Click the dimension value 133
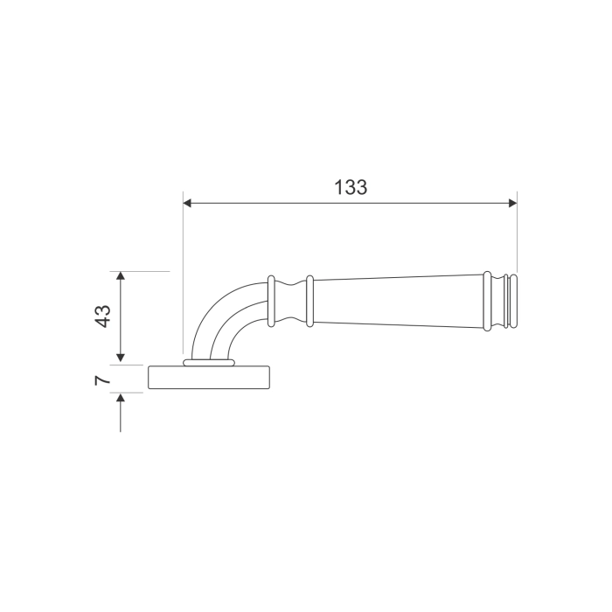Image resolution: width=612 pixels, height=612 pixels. coord(351,186)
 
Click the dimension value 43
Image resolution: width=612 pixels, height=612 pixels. coord(102,316)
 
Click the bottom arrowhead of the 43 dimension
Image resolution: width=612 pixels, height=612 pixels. coord(121,358)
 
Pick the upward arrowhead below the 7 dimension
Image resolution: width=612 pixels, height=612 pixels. coord(121,399)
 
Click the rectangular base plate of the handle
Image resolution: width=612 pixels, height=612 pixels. coord(210,377)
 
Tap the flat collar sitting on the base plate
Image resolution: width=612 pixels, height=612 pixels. coord(210,361)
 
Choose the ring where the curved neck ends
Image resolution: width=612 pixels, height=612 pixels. coord(272,302)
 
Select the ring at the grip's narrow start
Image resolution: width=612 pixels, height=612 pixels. coord(309,302)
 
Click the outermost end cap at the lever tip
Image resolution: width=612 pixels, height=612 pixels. coord(514,302)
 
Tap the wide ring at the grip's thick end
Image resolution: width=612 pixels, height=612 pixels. coord(488,302)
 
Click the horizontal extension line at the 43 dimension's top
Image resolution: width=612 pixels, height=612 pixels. coord(144,272)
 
